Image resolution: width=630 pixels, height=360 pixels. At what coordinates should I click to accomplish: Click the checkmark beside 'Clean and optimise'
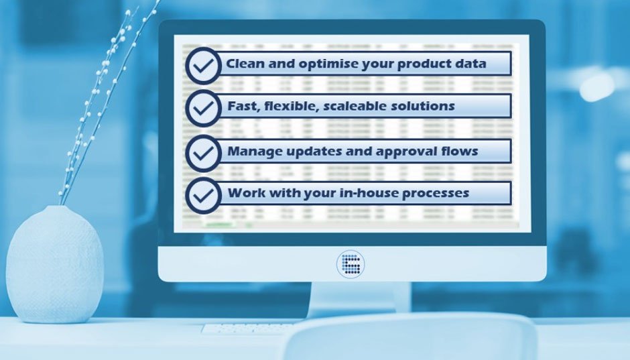pos(203,65)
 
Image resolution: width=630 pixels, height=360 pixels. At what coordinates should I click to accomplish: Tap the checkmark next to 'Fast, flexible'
pos(203,106)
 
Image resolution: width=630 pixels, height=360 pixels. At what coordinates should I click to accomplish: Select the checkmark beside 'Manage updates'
pos(203,152)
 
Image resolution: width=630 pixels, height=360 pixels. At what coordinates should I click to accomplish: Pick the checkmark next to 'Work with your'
pos(203,194)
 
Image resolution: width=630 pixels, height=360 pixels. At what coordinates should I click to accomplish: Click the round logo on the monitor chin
pos(351,263)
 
